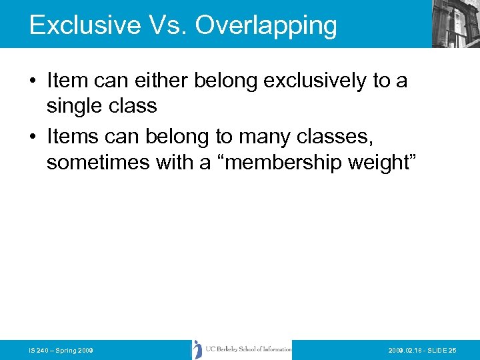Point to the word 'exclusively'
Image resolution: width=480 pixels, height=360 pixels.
316,81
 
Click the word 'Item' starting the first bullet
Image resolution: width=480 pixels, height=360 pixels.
67,81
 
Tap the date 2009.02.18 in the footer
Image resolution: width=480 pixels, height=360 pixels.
407,350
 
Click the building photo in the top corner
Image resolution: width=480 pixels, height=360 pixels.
456,24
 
